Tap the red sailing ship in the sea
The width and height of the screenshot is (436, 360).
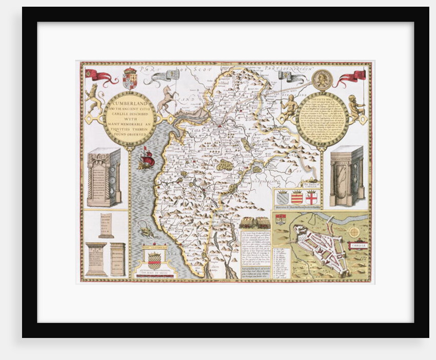click(x=146, y=160)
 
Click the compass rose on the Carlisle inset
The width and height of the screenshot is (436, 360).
click(x=354, y=232)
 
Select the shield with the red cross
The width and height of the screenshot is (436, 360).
click(x=311, y=197)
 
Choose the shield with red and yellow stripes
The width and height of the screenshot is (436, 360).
click(x=297, y=197)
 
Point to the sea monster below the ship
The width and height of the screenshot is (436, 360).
click(x=146, y=232)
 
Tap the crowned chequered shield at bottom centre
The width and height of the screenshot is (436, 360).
click(x=154, y=261)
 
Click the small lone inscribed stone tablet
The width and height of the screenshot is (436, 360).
click(x=106, y=225)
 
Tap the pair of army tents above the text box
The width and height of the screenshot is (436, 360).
click(x=255, y=223)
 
